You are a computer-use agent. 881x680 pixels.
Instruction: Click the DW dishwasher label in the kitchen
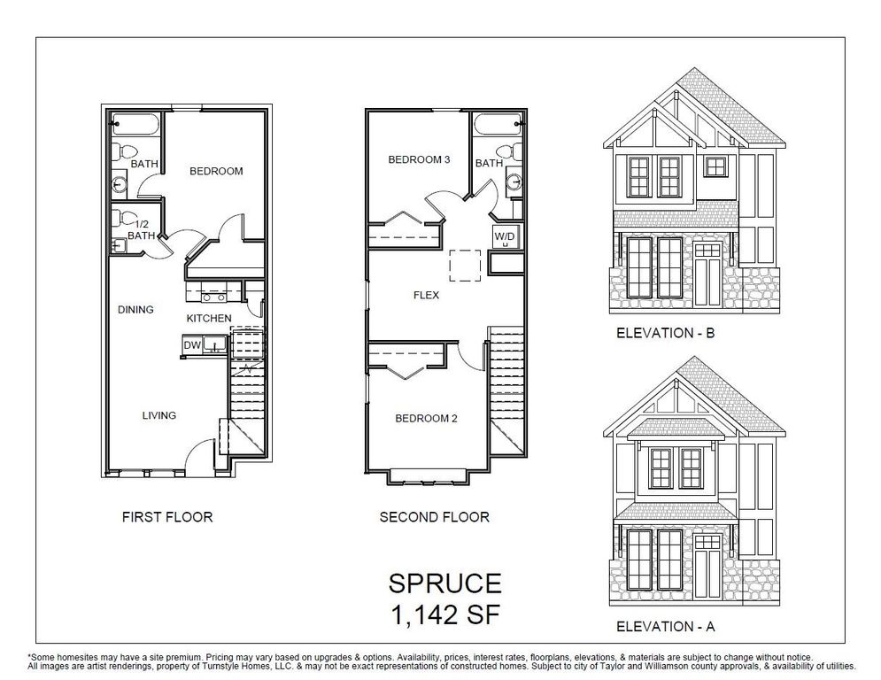click(191, 345)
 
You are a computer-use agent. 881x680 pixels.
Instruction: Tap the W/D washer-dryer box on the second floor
click(504, 238)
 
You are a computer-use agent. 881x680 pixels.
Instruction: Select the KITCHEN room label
click(209, 317)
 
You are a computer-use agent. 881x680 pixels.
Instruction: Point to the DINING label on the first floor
click(135, 309)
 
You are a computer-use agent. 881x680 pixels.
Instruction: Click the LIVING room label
click(159, 414)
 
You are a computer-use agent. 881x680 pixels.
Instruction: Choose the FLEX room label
click(426, 295)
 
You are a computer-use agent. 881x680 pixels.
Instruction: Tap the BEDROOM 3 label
click(420, 160)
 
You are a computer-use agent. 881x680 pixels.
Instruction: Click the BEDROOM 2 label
click(426, 418)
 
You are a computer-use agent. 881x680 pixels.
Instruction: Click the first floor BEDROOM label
click(216, 171)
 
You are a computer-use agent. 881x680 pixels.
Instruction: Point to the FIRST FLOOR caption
click(167, 516)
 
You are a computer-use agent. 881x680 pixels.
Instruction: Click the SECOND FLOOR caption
click(434, 516)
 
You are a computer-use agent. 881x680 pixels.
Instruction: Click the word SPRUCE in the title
click(445, 583)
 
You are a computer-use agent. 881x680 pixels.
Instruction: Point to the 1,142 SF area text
click(445, 611)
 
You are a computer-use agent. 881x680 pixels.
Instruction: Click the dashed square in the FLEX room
click(465, 265)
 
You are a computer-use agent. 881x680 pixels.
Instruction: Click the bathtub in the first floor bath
click(135, 123)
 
